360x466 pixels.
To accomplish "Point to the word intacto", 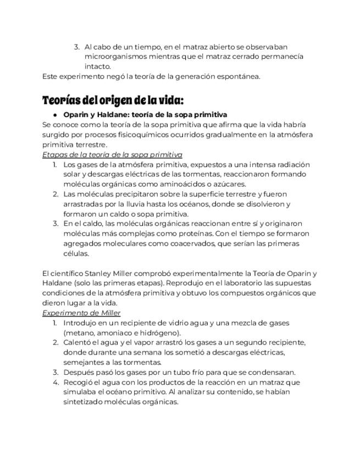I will tap(97, 66).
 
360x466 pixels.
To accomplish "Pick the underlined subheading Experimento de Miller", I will tap(81, 313).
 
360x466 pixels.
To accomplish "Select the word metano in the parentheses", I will tap(79, 332).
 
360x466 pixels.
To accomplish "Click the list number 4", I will tap(56, 382).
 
